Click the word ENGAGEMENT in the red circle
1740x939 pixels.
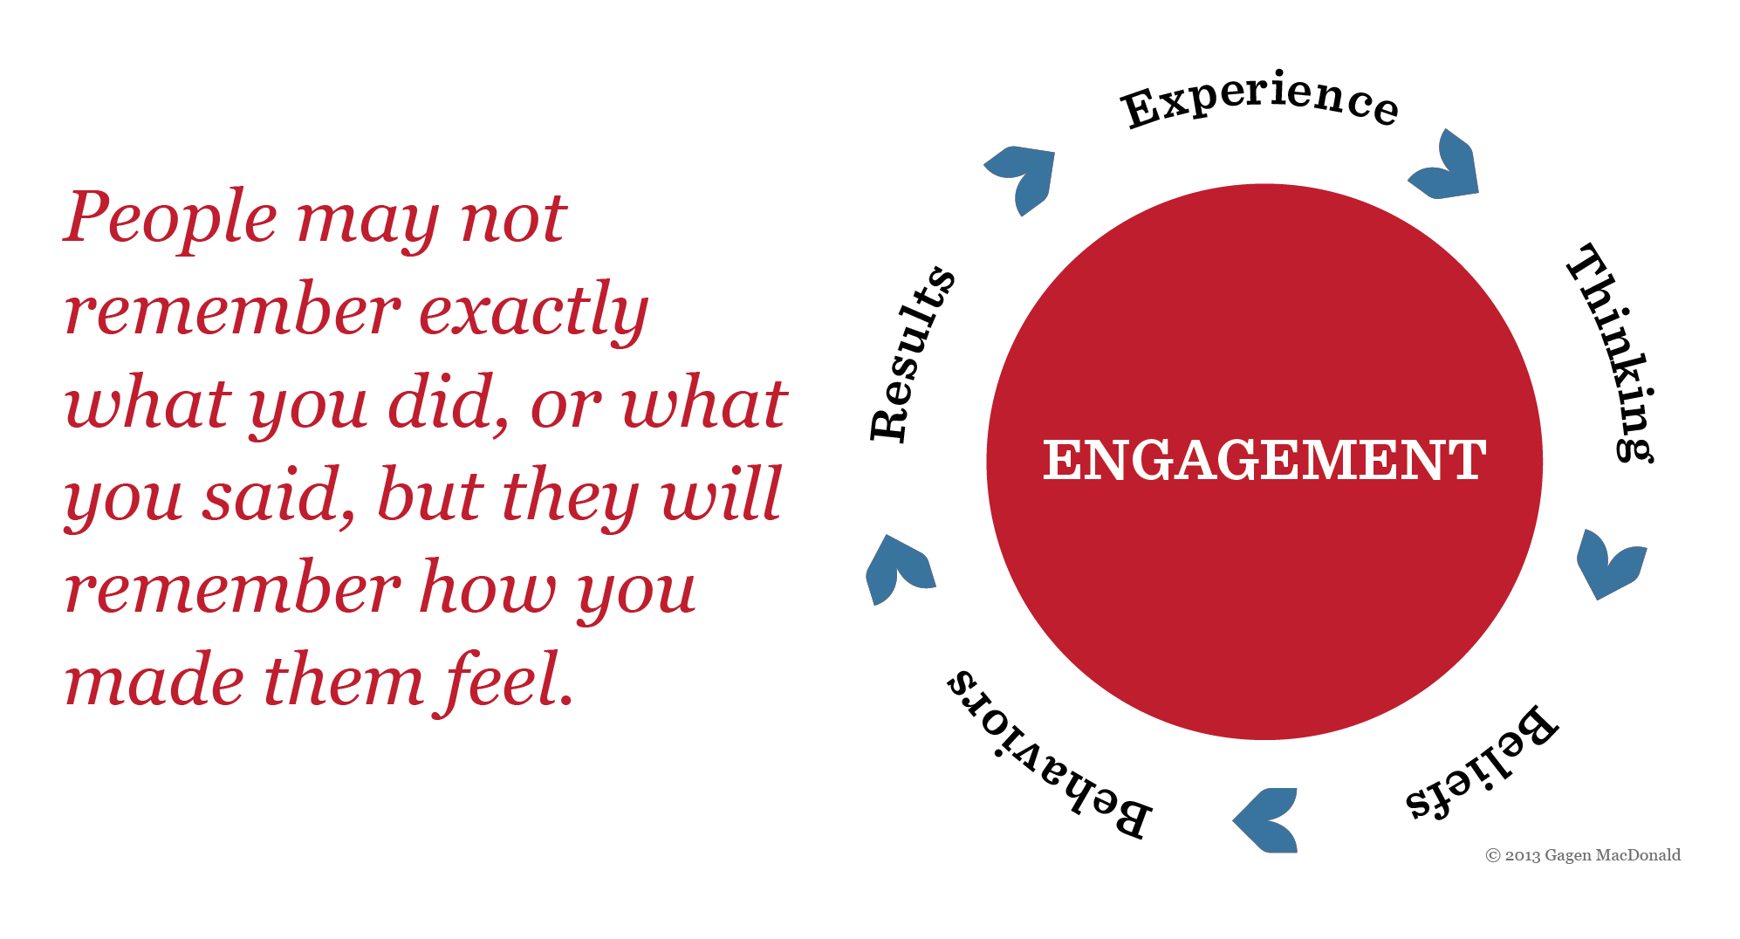point(1264,460)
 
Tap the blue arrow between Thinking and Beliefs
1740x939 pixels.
point(1610,564)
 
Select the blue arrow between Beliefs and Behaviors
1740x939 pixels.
point(1266,820)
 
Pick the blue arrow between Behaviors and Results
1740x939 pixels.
point(900,570)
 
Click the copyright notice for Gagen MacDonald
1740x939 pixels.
point(1583,855)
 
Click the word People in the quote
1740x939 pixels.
point(171,218)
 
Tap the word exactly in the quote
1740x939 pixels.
point(534,312)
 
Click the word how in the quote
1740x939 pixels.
point(488,586)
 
